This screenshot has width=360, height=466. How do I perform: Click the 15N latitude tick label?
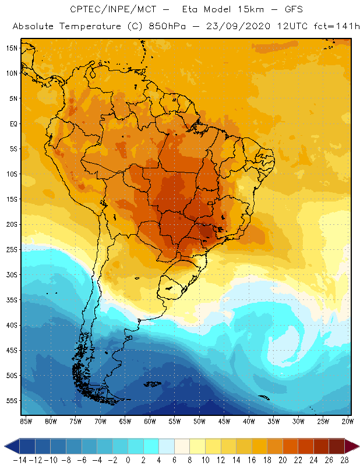click(x=12, y=48)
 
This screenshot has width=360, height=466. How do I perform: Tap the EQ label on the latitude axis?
click(x=13, y=123)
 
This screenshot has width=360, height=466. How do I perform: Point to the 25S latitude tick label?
click(x=12, y=249)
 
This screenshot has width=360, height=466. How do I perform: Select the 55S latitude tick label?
click(x=12, y=401)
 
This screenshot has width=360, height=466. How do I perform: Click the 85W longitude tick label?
click(x=26, y=421)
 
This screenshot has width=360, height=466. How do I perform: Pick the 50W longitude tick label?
click(x=200, y=421)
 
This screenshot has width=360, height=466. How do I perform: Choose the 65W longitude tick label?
click(x=125, y=421)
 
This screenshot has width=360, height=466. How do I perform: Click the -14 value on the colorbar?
click(x=19, y=460)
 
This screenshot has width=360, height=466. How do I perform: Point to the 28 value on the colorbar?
click(x=344, y=460)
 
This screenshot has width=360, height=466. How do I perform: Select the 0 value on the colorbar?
click(x=128, y=460)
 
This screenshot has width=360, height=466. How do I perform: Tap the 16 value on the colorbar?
click(x=252, y=460)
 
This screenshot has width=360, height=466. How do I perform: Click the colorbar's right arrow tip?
click(x=357, y=446)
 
